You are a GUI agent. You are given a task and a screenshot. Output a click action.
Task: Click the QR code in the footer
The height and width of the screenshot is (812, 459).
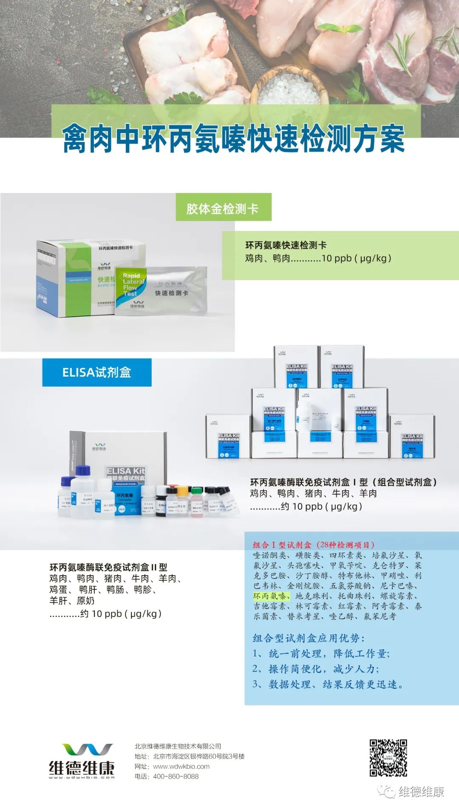click(x=388, y=758)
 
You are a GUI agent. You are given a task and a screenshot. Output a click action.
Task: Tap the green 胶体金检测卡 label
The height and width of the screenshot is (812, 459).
click(x=223, y=208)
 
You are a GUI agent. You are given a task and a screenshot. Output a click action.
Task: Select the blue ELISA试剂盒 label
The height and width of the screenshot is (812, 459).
click(x=96, y=372)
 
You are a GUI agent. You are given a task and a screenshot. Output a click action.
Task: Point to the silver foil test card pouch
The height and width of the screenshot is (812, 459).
click(x=170, y=290)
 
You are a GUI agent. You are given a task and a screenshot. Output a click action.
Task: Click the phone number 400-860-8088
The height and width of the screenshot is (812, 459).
click(x=176, y=776)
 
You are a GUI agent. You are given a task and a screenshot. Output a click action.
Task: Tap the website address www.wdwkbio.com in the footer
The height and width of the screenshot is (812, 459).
click(x=181, y=766)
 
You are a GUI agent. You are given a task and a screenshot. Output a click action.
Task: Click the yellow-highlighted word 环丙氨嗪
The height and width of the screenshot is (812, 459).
click(x=271, y=596)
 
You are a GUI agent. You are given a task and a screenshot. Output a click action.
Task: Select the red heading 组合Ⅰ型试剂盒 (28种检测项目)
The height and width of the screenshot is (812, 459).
click(x=314, y=545)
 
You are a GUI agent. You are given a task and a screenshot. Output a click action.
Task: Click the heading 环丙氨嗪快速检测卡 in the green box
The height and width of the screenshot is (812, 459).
click(x=286, y=245)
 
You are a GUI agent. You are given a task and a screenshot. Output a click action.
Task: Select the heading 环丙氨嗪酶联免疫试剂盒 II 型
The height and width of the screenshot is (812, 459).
click(x=108, y=567)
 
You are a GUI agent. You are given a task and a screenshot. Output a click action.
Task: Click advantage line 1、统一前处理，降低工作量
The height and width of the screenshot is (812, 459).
click(x=321, y=653)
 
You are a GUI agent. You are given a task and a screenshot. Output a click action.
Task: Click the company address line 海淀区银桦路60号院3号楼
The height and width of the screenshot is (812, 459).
click(x=198, y=756)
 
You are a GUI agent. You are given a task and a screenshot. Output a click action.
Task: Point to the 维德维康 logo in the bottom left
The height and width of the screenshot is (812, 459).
click(x=82, y=761)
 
